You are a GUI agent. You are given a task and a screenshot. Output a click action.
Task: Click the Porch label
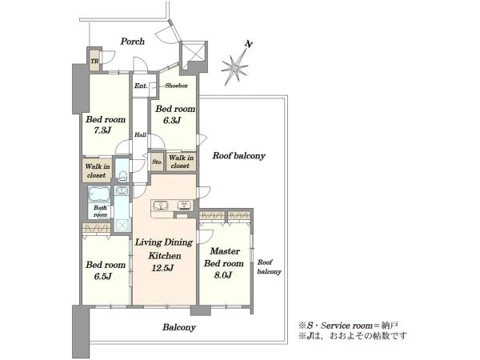[x=132, y=42]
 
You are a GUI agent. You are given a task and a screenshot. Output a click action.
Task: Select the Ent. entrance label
[x=141, y=86]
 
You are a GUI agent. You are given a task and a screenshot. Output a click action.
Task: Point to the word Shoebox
[x=176, y=86]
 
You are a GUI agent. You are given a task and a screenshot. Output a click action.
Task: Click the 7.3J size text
[x=102, y=130]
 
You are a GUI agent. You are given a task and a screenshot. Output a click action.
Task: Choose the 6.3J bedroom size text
[x=172, y=120]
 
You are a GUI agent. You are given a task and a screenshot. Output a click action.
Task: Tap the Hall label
[x=140, y=134]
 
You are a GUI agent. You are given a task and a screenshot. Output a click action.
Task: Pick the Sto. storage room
[x=157, y=162]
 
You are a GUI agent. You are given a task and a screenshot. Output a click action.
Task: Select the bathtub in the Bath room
[x=99, y=194]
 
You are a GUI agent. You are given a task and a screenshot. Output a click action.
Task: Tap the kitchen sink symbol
[x=160, y=205]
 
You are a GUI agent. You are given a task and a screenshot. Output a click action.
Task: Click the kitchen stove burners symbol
[x=185, y=205]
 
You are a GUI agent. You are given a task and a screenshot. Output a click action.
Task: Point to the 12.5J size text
[x=163, y=269]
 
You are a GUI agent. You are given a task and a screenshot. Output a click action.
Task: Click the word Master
[x=225, y=251]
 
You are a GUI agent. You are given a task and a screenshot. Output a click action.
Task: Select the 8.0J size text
[x=222, y=275]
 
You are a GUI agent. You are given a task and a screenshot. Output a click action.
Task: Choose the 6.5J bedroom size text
[x=102, y=277]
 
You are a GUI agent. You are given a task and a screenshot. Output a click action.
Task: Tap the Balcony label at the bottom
[x=179, y=327]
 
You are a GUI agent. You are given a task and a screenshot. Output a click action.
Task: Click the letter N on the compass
[x=249, y=45]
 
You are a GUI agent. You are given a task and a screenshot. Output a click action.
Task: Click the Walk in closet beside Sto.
[x=181, y=162]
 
